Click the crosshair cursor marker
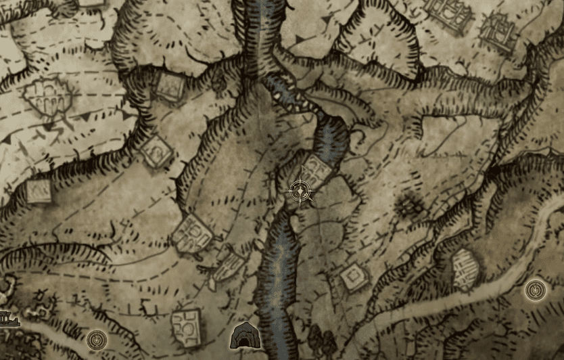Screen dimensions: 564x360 click(x=300, y=192)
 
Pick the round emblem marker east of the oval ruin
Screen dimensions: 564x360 click(x=536, y=290)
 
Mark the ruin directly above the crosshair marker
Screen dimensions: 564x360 click(x=316, y=168)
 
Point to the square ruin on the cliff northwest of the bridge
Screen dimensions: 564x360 click(x=168, y=85)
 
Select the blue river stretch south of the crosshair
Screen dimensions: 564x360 click(x=277, y=271)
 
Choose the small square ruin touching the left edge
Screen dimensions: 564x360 click(x=39, y=192)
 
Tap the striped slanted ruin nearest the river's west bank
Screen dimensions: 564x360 click(x=227, y=265)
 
